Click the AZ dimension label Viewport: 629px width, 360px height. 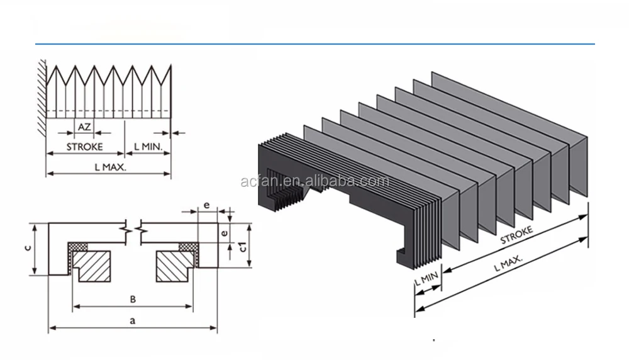pos(84,127)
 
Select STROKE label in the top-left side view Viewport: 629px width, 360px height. pos(84,147)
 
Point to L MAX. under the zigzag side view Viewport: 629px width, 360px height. pos(111,167)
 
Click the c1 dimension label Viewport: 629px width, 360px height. pos(242,247)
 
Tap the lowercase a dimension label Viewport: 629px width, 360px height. pos(132,320)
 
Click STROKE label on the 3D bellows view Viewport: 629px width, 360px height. pos(516,235)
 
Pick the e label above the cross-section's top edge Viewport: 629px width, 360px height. pos(207,206)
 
